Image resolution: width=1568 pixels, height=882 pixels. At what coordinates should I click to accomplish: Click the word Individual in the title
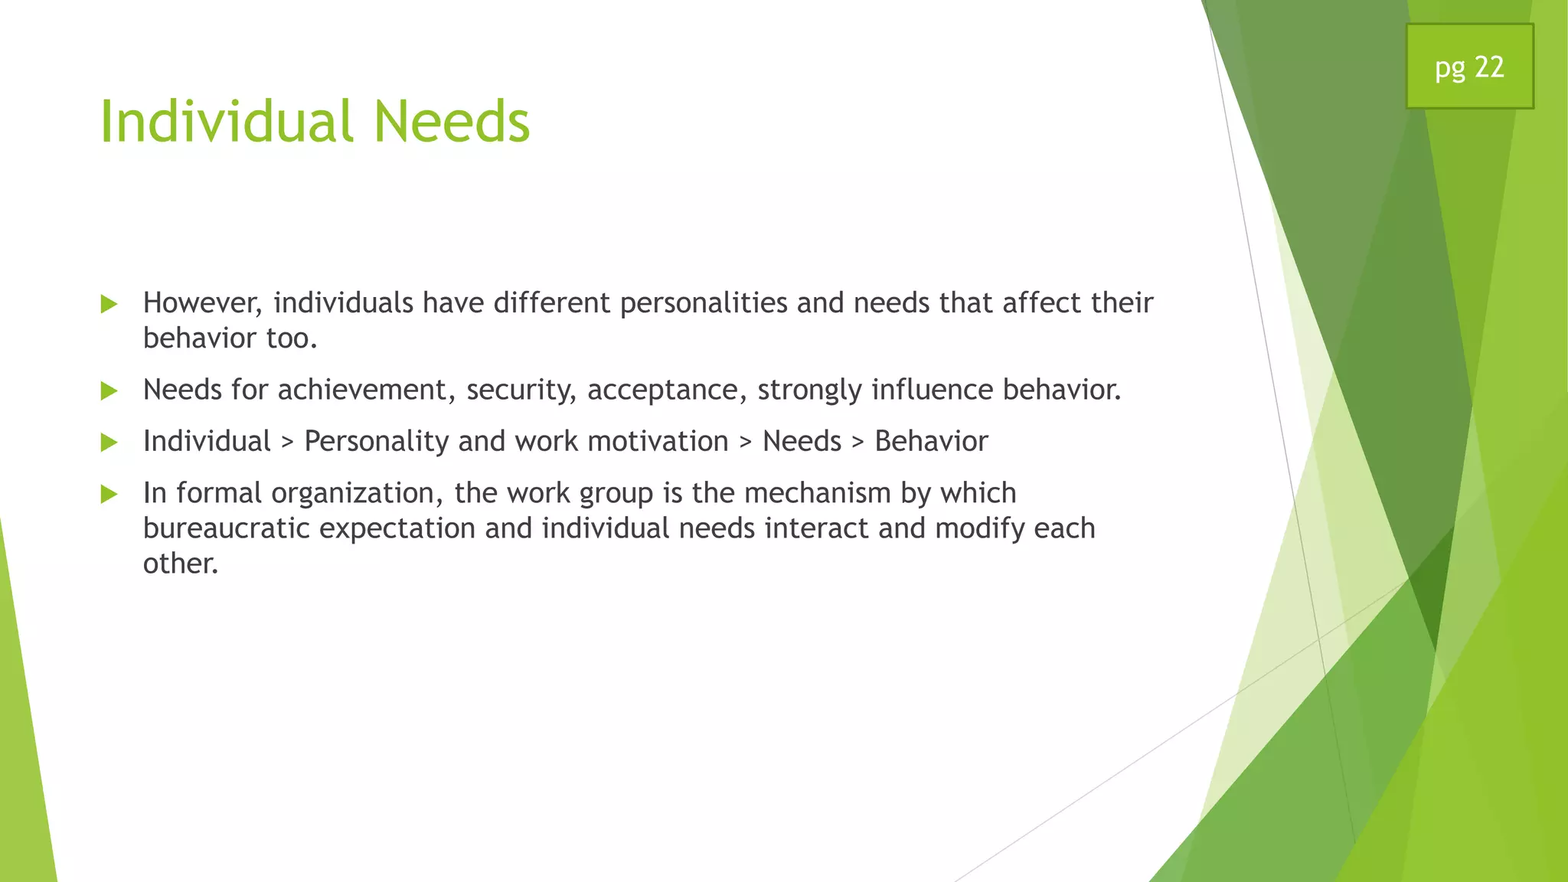(227, 122)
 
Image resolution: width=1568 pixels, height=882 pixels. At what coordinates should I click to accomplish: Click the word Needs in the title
(451, 122)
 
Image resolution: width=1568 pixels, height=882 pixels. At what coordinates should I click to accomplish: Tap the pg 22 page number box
(1469, 67)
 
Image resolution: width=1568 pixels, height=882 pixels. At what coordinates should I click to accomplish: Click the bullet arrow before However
(109, 305)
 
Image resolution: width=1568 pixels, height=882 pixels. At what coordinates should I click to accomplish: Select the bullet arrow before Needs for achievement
(109, 391)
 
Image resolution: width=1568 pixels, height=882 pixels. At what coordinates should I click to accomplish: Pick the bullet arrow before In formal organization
(109, 495)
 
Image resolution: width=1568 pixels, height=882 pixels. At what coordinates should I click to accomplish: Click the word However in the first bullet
(202, 303)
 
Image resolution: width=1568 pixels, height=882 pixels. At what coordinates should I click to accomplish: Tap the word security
(521, 390)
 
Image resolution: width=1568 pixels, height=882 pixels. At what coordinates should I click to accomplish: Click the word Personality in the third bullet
(376, 442)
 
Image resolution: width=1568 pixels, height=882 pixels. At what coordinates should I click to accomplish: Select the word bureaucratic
(226, 528)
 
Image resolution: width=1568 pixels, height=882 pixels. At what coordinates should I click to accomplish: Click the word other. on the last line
(181, 563)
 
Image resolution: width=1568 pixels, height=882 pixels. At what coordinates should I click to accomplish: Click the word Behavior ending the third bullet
(931, 442)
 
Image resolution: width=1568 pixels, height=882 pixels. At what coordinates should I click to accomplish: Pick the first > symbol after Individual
(287, 443)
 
